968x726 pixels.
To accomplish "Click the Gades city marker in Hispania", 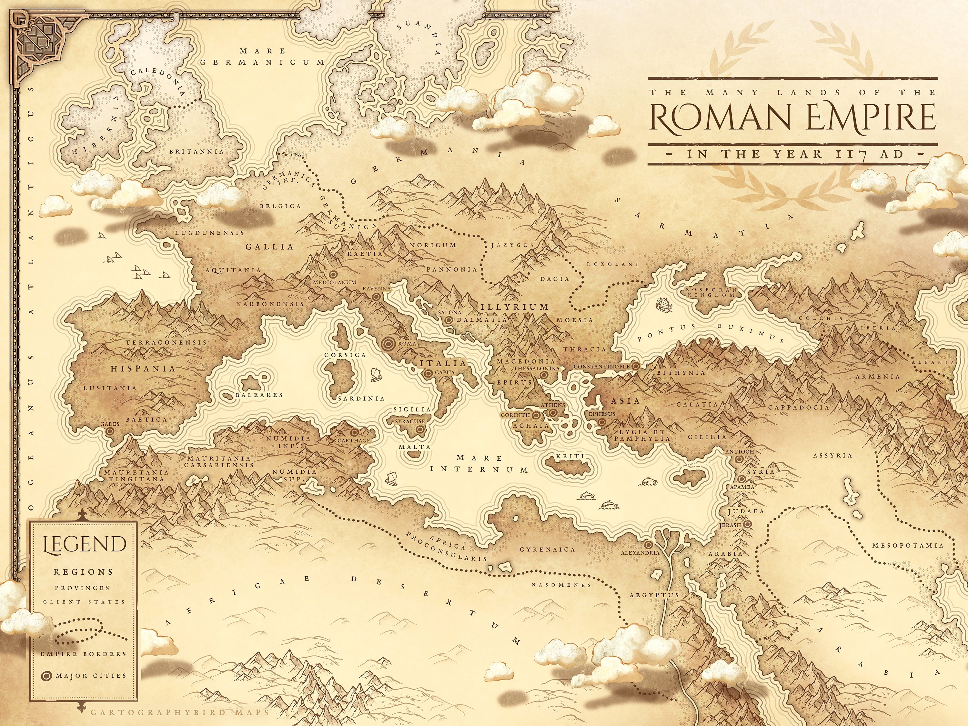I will click(x=109, y=431).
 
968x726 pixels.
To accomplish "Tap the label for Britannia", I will click(x=196, y=151).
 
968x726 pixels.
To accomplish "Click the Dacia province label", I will click(x=554, y=279).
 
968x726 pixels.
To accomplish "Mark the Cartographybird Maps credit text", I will click(x=179, y=712).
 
